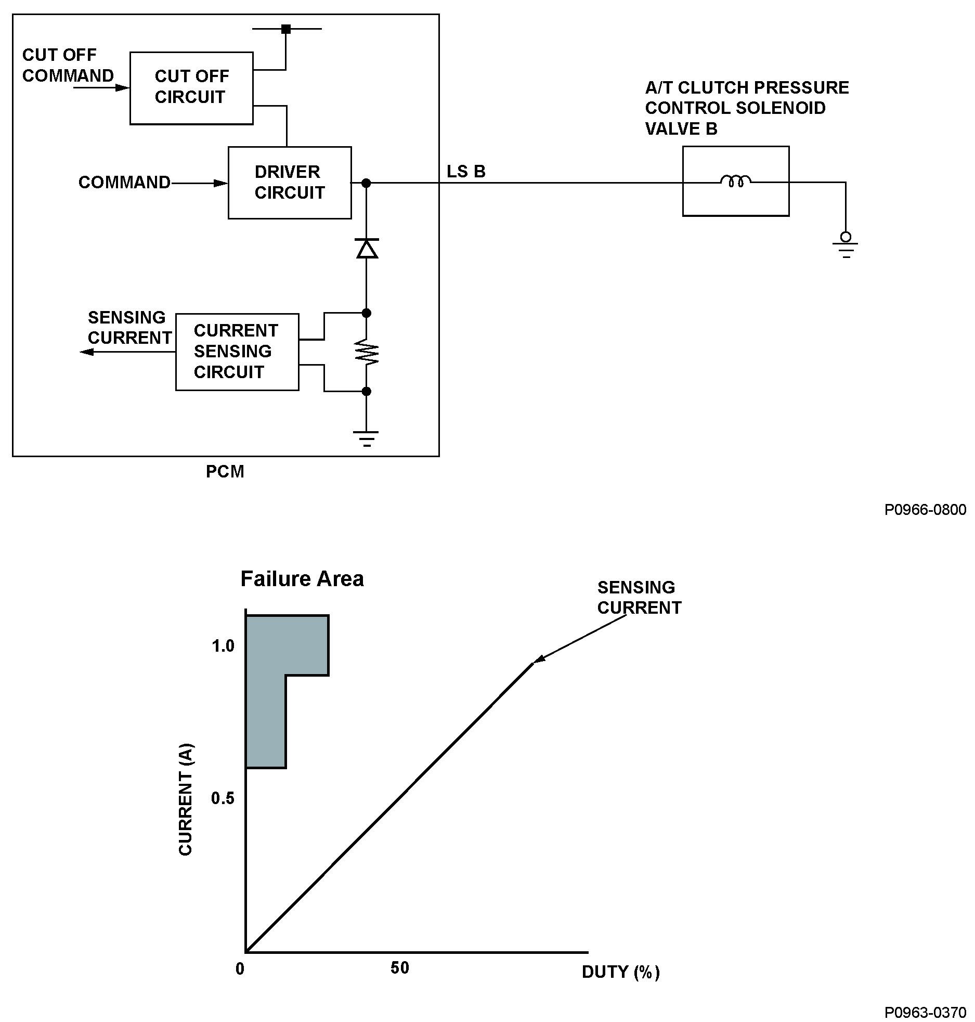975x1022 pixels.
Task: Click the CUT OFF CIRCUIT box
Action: [191, 88]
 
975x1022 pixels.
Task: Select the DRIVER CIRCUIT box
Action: [290, 183]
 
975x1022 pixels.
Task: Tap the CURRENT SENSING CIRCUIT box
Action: [237, 352]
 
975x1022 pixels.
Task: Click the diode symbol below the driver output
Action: [367, 249]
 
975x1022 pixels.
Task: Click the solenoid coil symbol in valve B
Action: [735, 181]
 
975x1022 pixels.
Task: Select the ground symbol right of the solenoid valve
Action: [846, 247]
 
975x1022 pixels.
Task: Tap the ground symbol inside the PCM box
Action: [367, 438]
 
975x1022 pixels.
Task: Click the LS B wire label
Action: [466, 172]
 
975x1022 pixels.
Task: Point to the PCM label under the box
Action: [225, 472]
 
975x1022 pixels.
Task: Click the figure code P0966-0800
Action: [925, 510]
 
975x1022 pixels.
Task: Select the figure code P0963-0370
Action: [925, 1012]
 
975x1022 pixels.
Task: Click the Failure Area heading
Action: [302, 579]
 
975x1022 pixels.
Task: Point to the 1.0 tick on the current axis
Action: [223, 646]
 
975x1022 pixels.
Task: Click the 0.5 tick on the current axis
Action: [223, 798]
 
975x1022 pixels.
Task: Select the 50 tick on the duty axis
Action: [400, 968]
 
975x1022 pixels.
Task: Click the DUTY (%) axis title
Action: [620, 972]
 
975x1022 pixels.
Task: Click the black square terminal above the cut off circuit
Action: [285, 29]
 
